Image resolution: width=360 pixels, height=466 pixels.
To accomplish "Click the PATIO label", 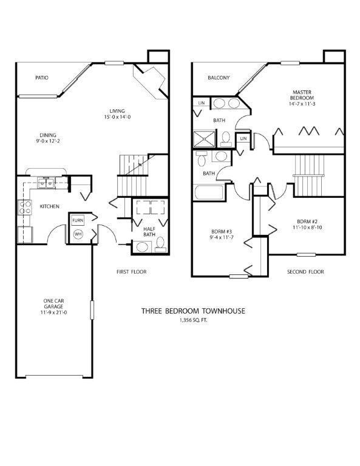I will coord(41,78).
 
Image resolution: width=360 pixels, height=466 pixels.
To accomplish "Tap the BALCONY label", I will coord(218,78).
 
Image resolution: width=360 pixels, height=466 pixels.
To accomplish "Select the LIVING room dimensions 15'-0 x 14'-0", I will coord(117,118).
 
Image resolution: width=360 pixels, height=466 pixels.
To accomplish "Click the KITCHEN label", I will coord(49,207).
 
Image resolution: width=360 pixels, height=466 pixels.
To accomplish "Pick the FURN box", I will coord(78,220).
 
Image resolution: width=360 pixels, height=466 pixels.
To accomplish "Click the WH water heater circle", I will coord(78,234).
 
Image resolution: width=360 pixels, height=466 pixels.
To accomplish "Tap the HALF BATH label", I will coord(149,231).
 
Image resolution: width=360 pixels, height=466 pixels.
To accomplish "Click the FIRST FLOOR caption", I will coord(132,272).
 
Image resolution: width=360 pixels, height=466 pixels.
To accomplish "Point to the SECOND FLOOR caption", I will coord(305,272).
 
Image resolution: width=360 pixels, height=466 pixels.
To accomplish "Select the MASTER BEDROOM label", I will coord(301,95).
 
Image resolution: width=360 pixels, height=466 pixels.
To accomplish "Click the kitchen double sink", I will coord(45,181).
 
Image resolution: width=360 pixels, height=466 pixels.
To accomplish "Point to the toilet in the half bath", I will coord(160,243).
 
